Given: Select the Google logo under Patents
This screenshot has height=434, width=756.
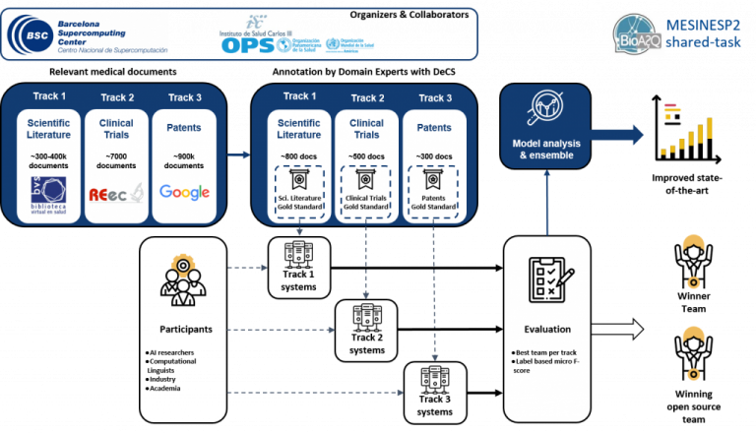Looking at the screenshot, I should (x=184, y=192).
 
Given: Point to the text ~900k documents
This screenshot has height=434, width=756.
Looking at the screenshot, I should (x=184, y=159).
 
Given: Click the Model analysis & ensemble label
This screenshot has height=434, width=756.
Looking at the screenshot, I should (x=546, y=150).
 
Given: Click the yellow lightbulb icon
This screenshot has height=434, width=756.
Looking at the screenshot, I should (x=182, y=266).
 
